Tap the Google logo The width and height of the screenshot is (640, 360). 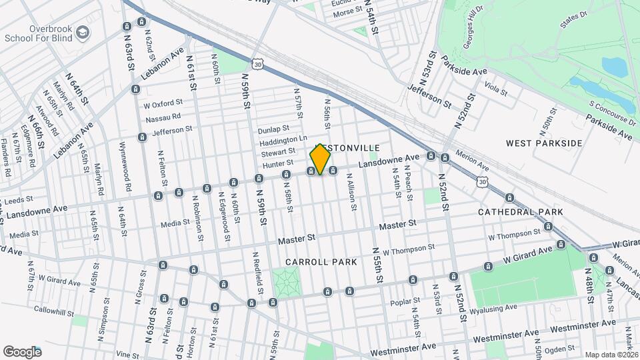pyautogui.click(x=22, y=351)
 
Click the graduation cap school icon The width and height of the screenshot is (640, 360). pyautogui.click(x=82, y=32)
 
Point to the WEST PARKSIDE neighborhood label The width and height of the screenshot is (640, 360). pyautogui.click(x=544, y=143)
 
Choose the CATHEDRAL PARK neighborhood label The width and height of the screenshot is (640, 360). pyautogui.click(x=520, y=212)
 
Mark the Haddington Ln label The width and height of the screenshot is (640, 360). pyautogui.click(x=283, y=140)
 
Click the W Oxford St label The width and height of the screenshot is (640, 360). pyautogui.click(x=163, y=103)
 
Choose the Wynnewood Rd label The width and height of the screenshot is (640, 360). pyautogui.click(x=123, y=165)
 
